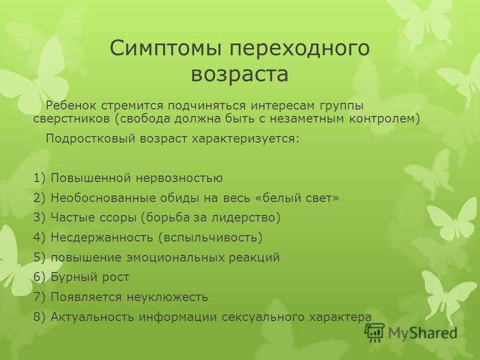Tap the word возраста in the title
(x=239, y=74)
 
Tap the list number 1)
(x=40, y=178)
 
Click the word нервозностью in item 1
(x=179, y=178)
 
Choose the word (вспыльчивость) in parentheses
(x=211, y=238)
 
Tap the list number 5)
(x=40, y=257)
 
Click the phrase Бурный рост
(x=90, y=277)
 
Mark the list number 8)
(x=40, y=317)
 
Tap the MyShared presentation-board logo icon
(x=374, y=332)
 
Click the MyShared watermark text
(x=423, y=333)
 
